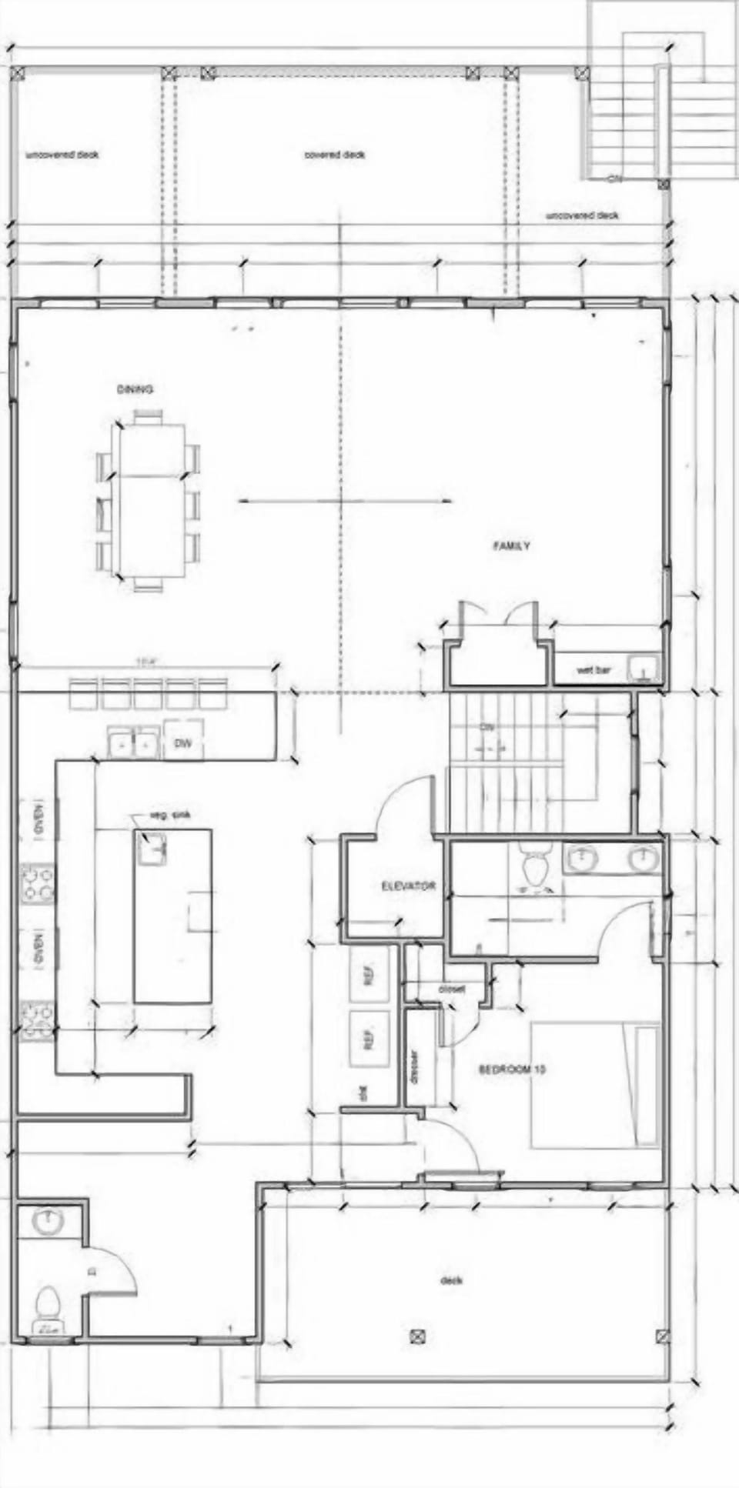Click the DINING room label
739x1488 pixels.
pyautogui.click(x=135, y=389)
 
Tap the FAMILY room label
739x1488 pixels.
pyautogui.click(x=511, y=546)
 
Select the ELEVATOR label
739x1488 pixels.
pyautogui.click(x=408, y=886)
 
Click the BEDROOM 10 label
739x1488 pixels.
pyautogui.click(x=512, y=1069)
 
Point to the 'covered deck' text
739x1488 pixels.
pyautogui.click(x=335, y=155)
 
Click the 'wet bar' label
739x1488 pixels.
pyautogui.click(x=593, y=670)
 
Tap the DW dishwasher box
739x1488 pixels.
pyautogui.click(x=183, y=742)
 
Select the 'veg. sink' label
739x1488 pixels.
pyautogui.click(x=169, y=816)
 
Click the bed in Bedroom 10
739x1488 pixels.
pyautogui.click(x=595, y=1085)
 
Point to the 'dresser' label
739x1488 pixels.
pyautogui.click(x=414, y=1068)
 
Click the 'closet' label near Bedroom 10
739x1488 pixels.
pyautogui.click(x=451, y=989)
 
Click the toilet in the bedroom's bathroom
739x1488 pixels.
pyautogui.click(x=534, y=867)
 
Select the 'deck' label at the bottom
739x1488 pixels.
pyautogui.click(x=450, y=1281)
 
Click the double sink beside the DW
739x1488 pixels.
pyautogui.click(x=133, y=743)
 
